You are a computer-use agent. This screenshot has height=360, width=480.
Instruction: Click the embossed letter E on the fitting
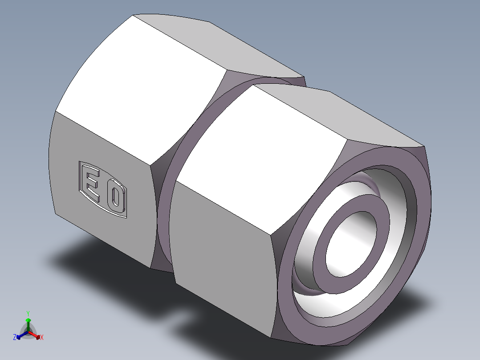(92, 182)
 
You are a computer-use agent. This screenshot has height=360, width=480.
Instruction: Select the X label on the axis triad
(42, 338)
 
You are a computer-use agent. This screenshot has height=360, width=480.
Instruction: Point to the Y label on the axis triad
(28, 313)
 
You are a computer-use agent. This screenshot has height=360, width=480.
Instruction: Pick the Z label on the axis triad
(15, 337)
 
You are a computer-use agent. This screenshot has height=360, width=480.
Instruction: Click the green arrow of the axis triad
(28, 322)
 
